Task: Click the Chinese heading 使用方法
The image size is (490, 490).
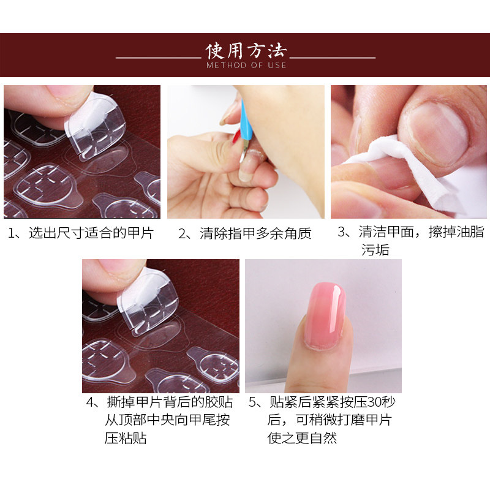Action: click(246, 51)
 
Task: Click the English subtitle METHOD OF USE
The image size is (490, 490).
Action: click(246, 65)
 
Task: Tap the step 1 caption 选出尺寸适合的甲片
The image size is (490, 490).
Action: click(91, 233)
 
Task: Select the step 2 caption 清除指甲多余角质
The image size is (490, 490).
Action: click(255, 233)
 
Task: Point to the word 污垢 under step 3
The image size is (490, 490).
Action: click(375, 250)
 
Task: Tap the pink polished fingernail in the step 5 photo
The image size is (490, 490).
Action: click(325, 315)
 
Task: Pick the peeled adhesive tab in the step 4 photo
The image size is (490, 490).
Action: click(148, 301)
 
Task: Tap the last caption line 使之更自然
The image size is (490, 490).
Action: click(302, 438)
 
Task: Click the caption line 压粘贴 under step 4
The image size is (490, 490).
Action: click(126, 438)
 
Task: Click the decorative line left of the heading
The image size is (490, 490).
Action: click(159, 58)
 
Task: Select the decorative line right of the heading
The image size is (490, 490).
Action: click(333, 58)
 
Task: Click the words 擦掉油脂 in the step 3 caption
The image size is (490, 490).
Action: click(456, 232)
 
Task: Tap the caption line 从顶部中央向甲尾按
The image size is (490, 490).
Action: click(167, 420)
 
